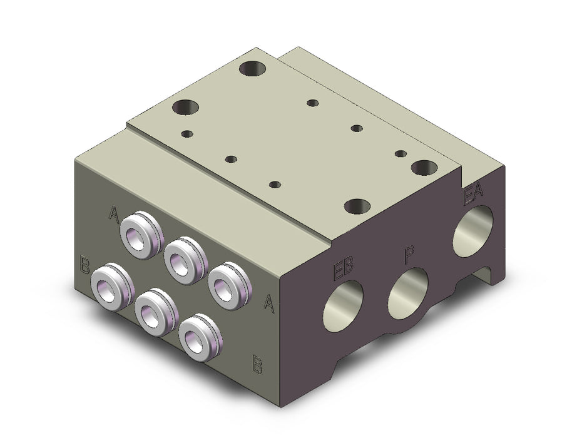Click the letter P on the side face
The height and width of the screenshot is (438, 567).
pos(409,255)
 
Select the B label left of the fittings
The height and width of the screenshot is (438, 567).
pos(84,265)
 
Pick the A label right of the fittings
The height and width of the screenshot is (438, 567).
pos(268,303)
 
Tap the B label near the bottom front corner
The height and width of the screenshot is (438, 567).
pos(257,364)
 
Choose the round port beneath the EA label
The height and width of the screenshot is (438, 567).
pos(473,231)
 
